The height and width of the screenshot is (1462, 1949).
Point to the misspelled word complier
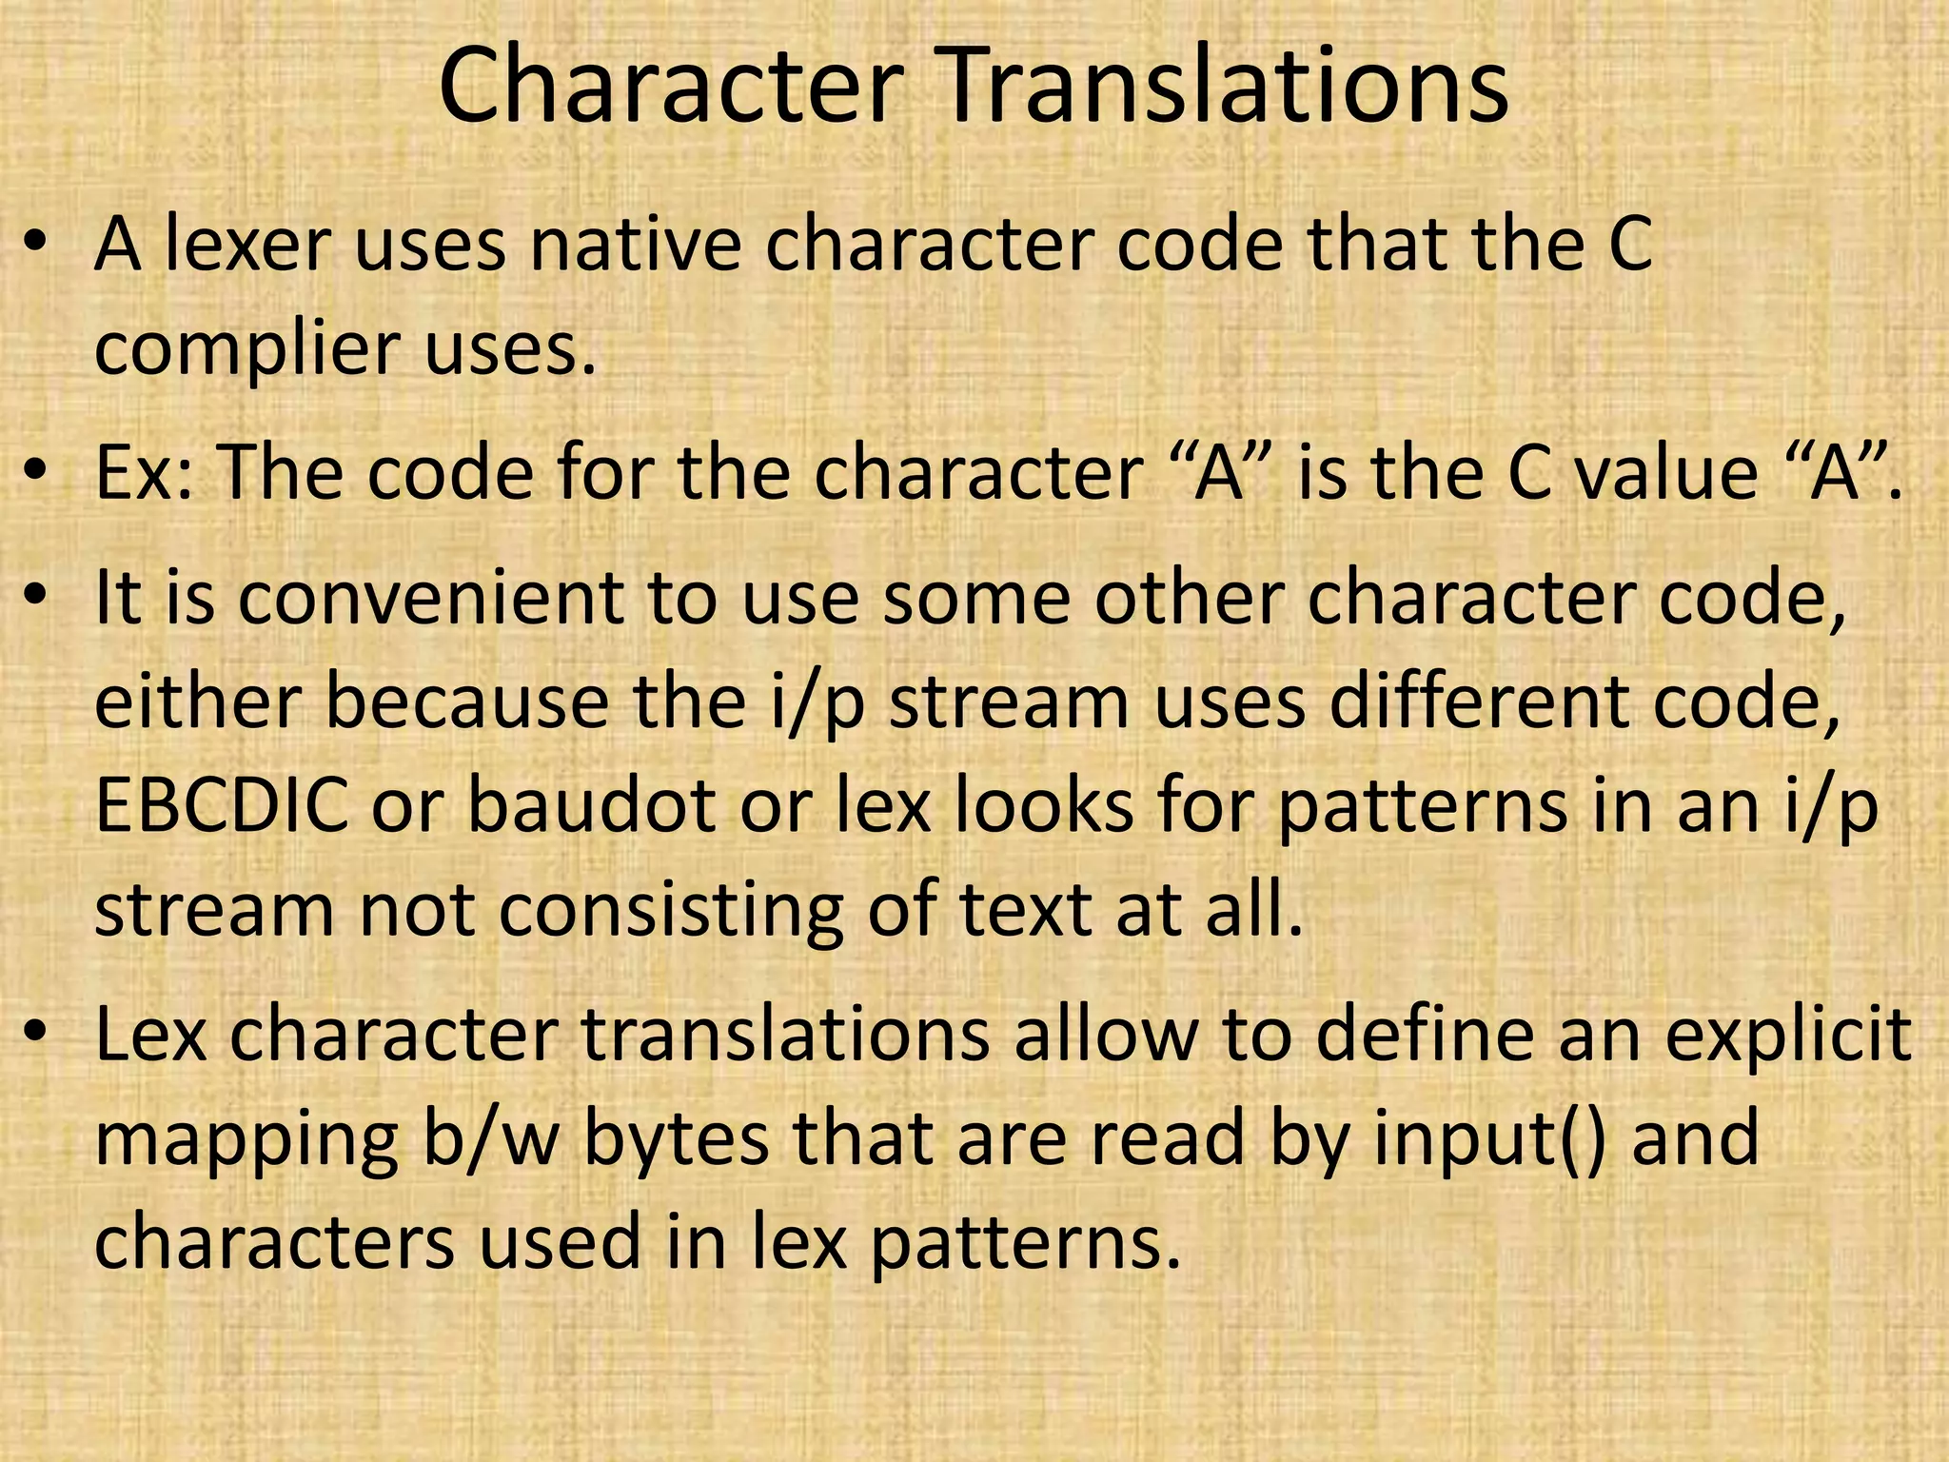point(248,349)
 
